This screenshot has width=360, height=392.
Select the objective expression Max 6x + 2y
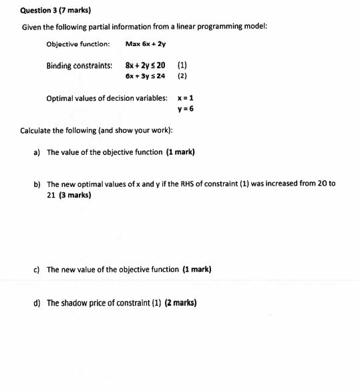(x=145, y=44)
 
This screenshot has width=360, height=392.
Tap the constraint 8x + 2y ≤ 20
(x=145, y=65)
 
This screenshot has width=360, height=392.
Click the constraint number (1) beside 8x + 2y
(x=182, y=65)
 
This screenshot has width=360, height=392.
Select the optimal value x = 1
(x=186, y=97)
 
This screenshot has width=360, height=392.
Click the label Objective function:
(x=77, y=44)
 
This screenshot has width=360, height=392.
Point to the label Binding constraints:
(x=79, y=65)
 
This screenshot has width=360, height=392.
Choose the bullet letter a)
(x=37, y=152)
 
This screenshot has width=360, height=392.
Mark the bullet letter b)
(x=37, y=184)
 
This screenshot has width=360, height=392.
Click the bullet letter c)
(x=37, y=270)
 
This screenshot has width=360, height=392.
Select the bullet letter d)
(x=37, y=303)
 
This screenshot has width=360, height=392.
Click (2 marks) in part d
(x=180, y=303)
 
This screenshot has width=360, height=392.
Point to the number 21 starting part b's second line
(x=51, y=195)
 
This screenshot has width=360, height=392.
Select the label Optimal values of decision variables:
(x=107, y=97)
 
